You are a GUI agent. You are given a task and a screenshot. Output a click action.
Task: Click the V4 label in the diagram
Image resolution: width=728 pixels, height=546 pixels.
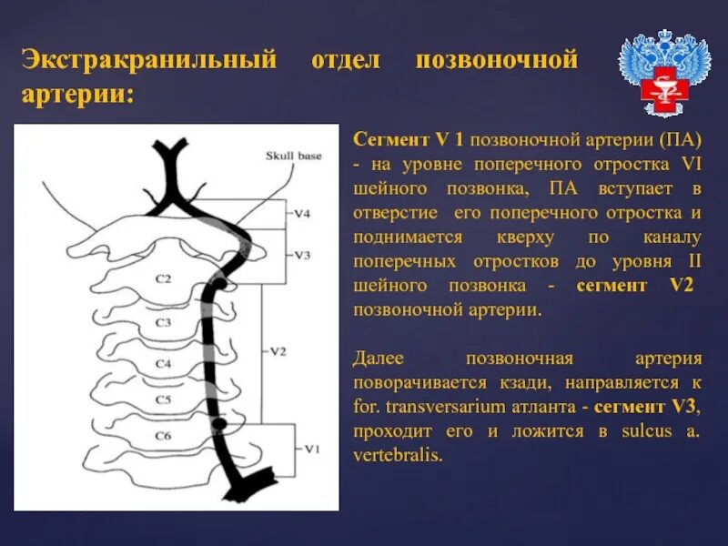pyautogui.click(x=304, y=214)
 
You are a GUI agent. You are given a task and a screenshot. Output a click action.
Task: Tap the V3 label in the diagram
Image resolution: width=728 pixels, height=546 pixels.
pyautogui.click(x=304, y=256)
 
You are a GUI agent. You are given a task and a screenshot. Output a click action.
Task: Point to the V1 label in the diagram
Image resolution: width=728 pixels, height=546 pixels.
pyautogui.click(x=312, y=449)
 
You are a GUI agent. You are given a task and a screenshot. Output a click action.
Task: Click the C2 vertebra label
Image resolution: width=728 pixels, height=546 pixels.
pyautogui.click(x=163, y=279)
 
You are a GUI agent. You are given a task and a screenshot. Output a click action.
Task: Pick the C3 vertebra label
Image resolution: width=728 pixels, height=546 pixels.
pyautogui.click(x=163, y=322)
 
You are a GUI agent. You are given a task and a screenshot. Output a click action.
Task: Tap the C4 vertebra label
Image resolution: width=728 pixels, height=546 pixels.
pyautogui.click(x=163, y=363)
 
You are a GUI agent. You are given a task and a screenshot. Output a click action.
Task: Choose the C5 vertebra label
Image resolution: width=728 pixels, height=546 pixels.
pyautogui.click(x=163, y=399)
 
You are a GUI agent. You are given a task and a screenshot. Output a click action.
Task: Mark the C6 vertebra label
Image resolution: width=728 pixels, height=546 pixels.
pyautogui.click(x=163, y=436)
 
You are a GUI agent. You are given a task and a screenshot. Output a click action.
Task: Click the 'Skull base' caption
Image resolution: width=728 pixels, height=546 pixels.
pyautogui.click(x=293, y=156)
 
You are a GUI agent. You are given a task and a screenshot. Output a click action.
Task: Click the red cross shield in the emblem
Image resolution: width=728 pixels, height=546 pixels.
pyautogui.click(x=664, y=90)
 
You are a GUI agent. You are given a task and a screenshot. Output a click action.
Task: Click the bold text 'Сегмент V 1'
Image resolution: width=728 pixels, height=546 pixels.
pyautogui.click(x=409, y=141)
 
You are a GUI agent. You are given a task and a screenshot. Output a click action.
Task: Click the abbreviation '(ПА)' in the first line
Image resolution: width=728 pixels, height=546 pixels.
pyautogui.click(x=681, y=141)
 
